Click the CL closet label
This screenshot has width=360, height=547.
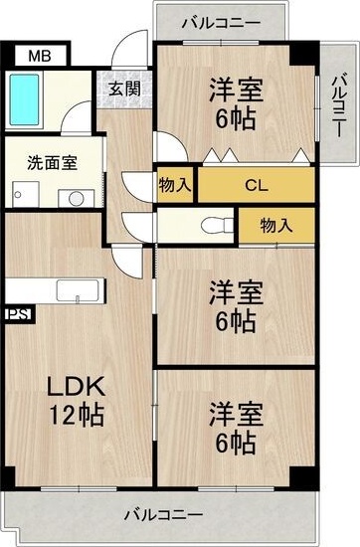pos(256,185)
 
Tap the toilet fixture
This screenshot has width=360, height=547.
pos(211,224)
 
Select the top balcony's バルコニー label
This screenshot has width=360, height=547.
pos(222,21)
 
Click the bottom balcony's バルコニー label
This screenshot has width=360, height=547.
pos(163,515)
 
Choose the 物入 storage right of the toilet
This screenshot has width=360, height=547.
pos(275,225)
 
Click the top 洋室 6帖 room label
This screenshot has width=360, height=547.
pos(235,105)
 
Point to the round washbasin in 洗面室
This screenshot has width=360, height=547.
pos(75,197)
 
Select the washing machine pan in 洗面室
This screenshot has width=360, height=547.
pos(22,194)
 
